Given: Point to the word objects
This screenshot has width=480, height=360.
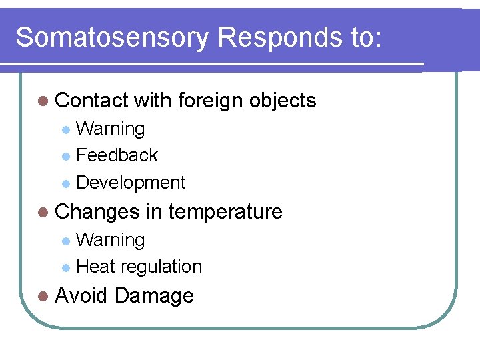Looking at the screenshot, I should (283, 101).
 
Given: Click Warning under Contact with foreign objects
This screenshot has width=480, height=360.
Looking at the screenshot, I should (111, 129).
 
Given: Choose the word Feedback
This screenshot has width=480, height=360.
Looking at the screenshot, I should (117, 155).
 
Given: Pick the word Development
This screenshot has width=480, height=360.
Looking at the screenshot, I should (131, 183).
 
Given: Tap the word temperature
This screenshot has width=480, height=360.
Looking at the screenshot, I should (225, 212).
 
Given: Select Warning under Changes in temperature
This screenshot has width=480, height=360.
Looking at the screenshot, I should (111, 240).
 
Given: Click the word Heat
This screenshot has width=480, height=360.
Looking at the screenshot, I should (96, 267).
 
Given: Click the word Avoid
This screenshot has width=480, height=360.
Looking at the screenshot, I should (81, 295).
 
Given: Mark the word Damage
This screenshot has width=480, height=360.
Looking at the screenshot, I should (154, 295).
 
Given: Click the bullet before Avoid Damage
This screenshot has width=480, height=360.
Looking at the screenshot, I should (44, 296).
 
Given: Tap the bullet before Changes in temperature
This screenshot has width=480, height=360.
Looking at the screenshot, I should (44, 213).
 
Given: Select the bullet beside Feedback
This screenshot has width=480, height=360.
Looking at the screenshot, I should (65, 157).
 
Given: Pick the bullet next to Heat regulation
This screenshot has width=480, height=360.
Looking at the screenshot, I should (65, 268).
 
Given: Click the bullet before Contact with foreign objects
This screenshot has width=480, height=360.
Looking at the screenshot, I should (44, 101).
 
